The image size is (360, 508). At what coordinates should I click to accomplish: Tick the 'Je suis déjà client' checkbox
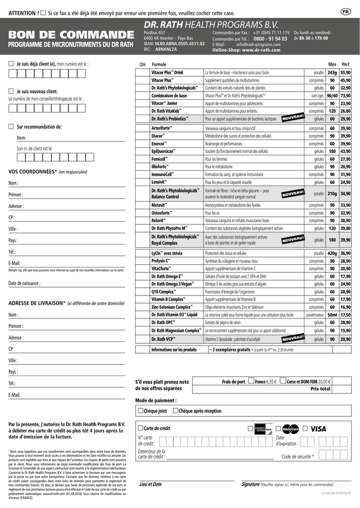[11, 64]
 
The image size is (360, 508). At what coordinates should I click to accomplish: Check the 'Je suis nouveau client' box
[11, 91]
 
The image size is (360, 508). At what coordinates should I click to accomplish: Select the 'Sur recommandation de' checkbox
[11, 127]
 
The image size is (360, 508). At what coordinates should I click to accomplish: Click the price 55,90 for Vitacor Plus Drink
[345, 72]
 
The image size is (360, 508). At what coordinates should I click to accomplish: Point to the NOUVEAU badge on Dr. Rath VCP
[292, 339]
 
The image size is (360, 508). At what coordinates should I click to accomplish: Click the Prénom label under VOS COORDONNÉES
[15, 194]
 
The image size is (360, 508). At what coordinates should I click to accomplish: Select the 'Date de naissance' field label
[24, 283]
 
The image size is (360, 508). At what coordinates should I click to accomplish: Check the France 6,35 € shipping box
[251, 381]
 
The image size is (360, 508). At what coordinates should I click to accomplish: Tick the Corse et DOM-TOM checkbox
[283, 381]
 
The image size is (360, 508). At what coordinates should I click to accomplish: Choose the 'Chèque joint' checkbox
[141, 411]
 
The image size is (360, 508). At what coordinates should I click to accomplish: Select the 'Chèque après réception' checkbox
[175, 411]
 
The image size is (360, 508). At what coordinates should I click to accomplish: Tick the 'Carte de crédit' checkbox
[141, 428]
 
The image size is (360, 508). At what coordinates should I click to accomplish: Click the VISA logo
[318, 429]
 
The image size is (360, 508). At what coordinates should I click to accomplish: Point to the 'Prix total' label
[320, 389]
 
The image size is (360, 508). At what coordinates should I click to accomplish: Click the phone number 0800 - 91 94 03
[270, 39]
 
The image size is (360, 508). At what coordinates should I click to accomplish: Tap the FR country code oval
[346, 11]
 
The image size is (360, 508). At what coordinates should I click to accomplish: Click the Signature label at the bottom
[250, 484]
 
